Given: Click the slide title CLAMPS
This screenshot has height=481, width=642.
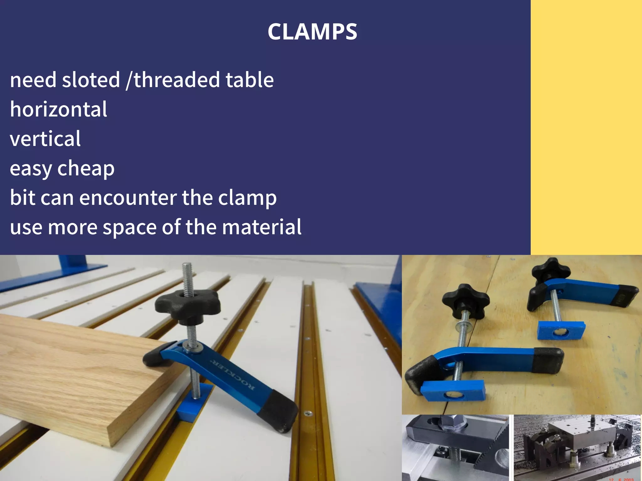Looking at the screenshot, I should (x=312, y=32).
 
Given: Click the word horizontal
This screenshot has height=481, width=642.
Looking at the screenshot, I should (x=59, y=109).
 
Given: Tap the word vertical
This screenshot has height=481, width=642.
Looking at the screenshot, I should (x=45, y=139).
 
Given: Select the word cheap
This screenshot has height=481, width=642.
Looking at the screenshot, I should (x=86, y=169).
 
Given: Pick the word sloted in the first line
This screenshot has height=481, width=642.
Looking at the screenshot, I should (x=91, y=80).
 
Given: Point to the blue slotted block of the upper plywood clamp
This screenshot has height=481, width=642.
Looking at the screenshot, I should (x=561, y=331).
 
